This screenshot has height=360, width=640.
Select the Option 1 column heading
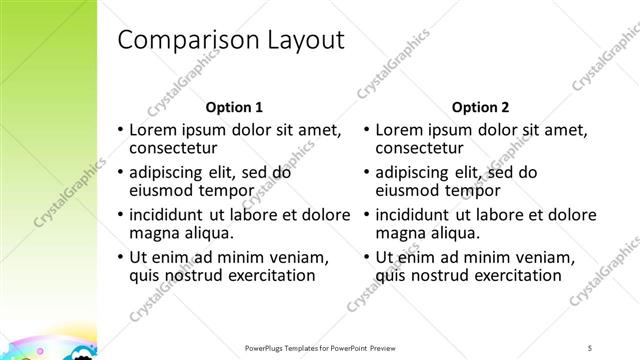point(234,107)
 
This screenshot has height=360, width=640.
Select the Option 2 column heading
point(480,107)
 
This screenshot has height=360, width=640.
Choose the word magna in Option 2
point(400,232)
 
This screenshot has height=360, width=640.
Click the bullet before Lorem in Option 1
point(120,130)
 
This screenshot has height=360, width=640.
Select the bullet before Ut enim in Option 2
point(366,256)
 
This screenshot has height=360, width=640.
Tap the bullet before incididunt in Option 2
point(366,214)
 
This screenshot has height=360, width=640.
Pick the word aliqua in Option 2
point(455,232)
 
